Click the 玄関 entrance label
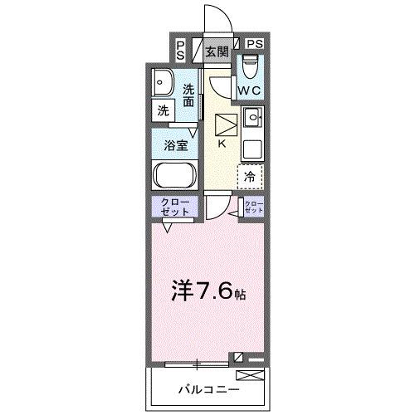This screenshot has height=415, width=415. pyautogui.click(x=217, y=51)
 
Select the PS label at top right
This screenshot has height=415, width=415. pyautogui.click(x=254, y=43)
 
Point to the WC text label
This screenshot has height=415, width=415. pyautogui.click(x=251, y=90)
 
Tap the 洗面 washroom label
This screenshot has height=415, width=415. pyautogui.click(x=190, y=95)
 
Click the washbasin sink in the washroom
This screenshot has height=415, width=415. pyautogui.click(x=163, y=82)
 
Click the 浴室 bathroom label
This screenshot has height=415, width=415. pyautogui.click(x=174, y=145)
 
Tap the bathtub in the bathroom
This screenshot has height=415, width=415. pyautogui.click(x=174, y=176)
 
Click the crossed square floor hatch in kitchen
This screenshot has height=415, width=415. pyautogui.click(x=225, y=124)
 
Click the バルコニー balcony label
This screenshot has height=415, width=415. pyautogui.click(x=208, y=388)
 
